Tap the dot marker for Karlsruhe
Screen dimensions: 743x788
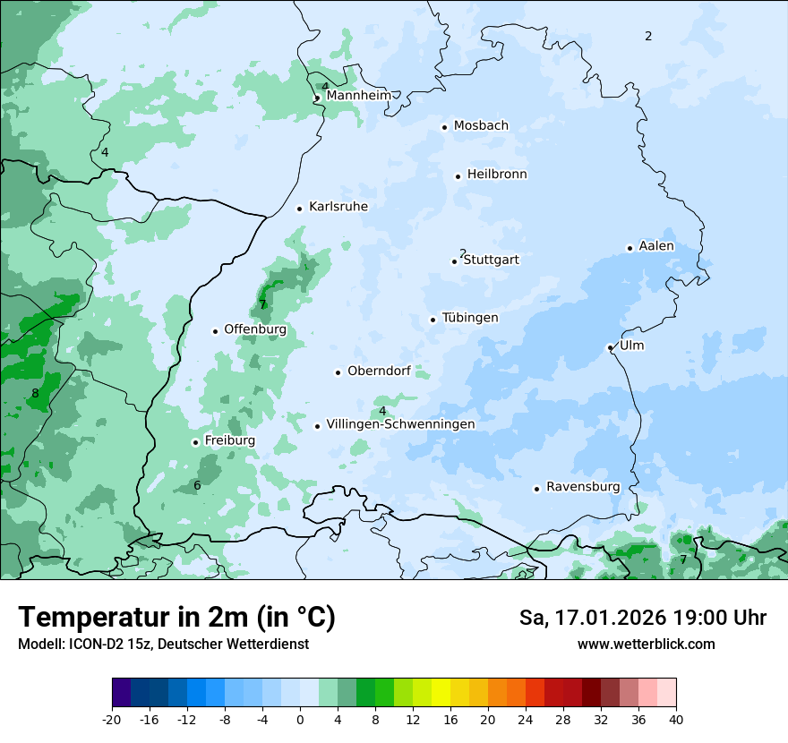point(300,209)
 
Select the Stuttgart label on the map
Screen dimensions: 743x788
point(491,260)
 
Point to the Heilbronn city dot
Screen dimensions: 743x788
point(458,176)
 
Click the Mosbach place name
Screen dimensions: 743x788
point(481,126)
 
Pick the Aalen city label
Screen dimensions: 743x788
point(656,246)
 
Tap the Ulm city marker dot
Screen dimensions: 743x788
point(610,347)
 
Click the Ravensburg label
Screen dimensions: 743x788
point(583,487)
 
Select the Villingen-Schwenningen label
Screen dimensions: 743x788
point(400,424)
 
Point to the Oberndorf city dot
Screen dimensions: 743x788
point(338,372)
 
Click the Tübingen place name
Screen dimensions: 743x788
point(470,318)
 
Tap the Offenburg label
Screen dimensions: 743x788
point(255,329)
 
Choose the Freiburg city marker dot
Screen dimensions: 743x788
point(195,442)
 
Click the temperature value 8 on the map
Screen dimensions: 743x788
point(35,393)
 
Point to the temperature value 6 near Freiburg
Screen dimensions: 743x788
point(197,486)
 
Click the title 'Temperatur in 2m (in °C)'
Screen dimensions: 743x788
point(176,617)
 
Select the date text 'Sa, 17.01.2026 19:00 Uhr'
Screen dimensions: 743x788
point(642,618)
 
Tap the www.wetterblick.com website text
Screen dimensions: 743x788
point(646,644)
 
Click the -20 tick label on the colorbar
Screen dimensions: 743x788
point(112,720)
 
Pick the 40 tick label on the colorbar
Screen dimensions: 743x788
point(676,720)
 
